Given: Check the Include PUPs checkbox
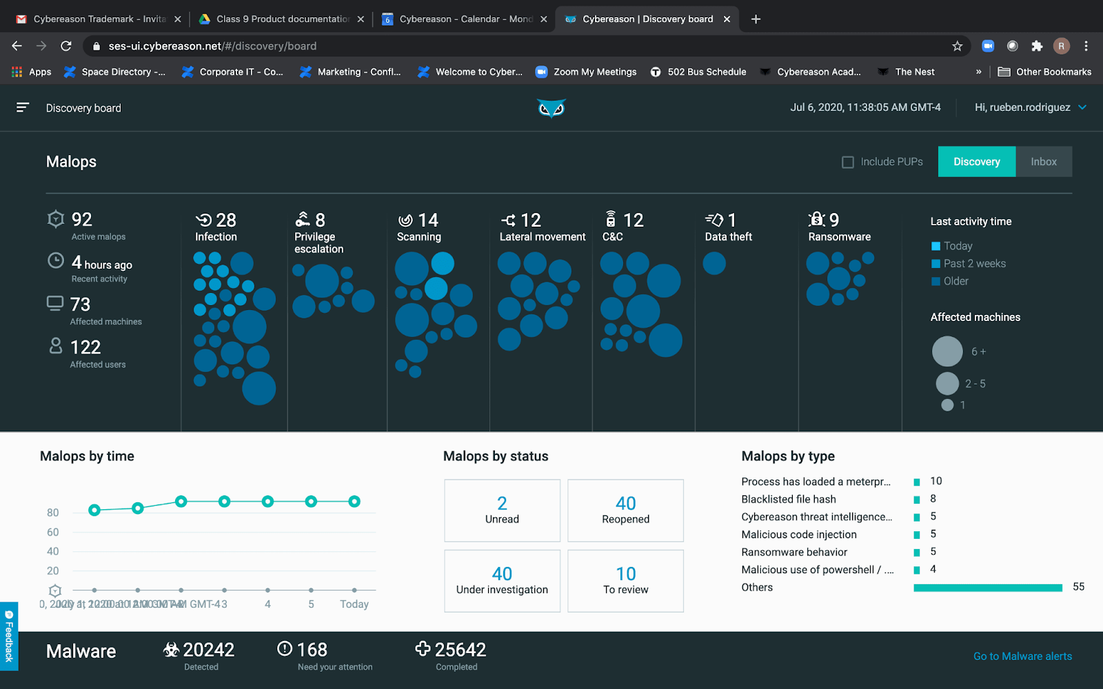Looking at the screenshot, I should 848,162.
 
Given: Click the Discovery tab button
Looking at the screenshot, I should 976,162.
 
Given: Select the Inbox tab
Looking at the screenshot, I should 1043,162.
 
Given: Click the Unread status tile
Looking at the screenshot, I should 502,511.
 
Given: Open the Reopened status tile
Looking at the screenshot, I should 625,511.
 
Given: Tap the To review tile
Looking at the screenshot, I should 625,581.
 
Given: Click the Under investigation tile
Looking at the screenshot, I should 502,581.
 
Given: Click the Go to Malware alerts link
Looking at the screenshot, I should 1022,656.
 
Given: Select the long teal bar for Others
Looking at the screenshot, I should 987,588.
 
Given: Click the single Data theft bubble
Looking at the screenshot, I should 714,263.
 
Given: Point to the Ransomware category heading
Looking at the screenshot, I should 839,236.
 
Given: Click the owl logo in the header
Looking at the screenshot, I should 551,108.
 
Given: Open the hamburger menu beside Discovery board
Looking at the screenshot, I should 23,107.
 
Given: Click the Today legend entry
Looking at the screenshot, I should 958,246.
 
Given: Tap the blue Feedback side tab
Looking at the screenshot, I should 9,636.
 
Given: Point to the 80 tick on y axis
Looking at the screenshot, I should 53,513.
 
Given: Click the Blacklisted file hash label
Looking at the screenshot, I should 789,499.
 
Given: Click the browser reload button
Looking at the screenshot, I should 66,46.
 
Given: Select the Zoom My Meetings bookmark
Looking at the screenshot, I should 587,72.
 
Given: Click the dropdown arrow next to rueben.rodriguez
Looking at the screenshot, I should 1082,107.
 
